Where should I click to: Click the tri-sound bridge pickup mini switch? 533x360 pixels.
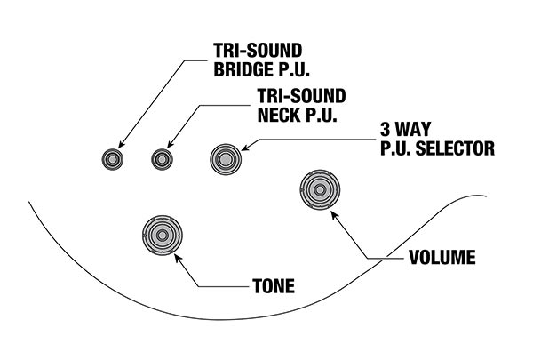pos(112,159)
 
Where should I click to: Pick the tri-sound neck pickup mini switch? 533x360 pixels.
pos(161,159)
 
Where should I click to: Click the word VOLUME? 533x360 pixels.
pos(442,259)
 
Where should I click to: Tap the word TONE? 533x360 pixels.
pos(274,287)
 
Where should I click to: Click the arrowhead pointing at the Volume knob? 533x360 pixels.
pos(337,213)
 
